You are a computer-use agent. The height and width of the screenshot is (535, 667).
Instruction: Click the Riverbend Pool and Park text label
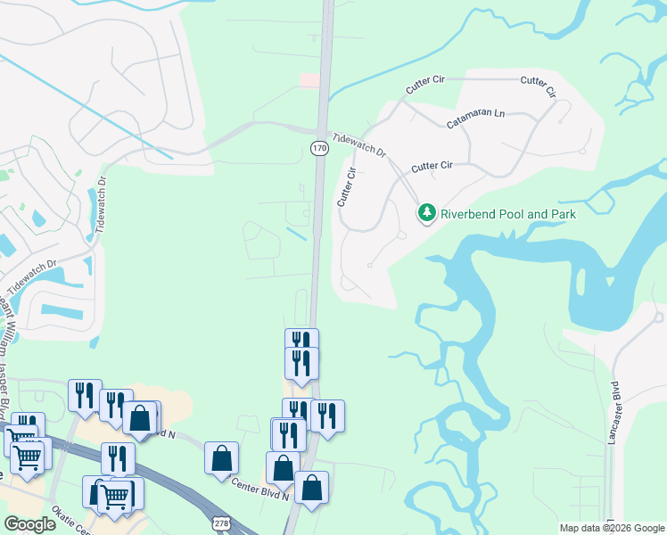pyautogui.click(x=508, y=214)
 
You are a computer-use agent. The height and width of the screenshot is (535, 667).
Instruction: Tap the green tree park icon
pyautogui.click(x=428, y=213)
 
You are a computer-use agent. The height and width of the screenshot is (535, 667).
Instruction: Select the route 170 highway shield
pyautogui.click(x=319, y=148)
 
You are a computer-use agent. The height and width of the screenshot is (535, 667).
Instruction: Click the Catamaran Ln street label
pyautogui.click(x=475, y=119)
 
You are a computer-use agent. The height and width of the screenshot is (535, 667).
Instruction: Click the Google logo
pyautogui.click(x=29, y=524)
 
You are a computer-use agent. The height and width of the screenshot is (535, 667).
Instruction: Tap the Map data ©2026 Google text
pyautogui.click(x=612, y=528)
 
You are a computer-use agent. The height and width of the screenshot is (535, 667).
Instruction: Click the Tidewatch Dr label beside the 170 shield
pyautogui.click(x=359, y=146)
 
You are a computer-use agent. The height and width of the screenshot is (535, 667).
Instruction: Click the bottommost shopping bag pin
pyautogui.click(x=311, y=487)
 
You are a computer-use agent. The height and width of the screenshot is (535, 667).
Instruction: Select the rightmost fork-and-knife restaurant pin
pyautogui.click(x=327, y=415)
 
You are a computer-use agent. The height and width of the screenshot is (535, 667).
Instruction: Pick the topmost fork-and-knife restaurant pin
pyautogui.click(x=301, y=342)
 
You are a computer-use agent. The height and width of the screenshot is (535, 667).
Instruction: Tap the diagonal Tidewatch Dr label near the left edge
pyautogui.click(x=29, y=278)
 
